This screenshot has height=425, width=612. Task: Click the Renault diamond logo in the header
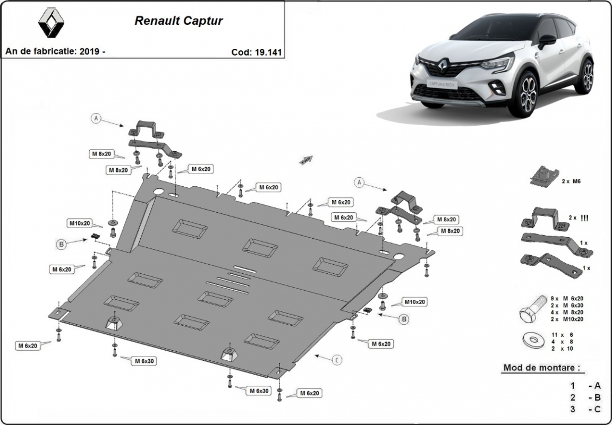pos(52,24)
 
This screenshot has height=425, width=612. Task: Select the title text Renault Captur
pos(178,21)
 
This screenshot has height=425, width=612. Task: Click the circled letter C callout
pos(337,360)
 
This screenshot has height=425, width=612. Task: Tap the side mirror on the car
pos(547,40)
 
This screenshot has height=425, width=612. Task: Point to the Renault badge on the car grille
pos(444,65)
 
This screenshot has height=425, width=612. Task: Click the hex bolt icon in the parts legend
pos(532,308)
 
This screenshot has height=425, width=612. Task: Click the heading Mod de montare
pos(541,367)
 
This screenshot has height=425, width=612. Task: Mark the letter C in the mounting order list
pos(598,409)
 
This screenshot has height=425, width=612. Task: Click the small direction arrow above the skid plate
pos(307,160)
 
